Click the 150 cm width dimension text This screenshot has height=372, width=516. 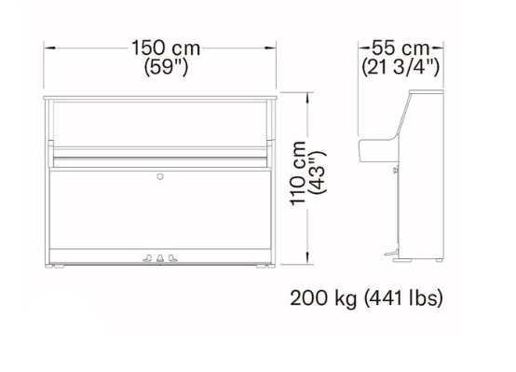[166, 48]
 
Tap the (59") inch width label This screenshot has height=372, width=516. [166, 67]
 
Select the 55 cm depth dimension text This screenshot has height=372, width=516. [401, 48]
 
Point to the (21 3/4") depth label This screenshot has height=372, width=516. [401, 67]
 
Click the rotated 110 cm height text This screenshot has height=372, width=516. [298, 173]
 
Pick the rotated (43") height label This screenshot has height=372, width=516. [318, 172]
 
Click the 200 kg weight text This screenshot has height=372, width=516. [323, 298]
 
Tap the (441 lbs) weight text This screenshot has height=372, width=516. [403, 298]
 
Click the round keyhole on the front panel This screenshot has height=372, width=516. [160, 176]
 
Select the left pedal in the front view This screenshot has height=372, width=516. [147, 258]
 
